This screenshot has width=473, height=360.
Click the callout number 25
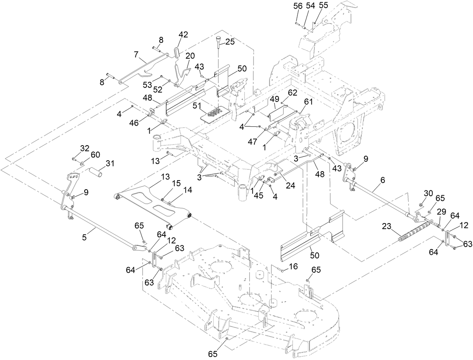pos(230,42)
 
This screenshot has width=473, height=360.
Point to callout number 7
pos(136,55)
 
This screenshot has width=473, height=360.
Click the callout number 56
pos(297,6)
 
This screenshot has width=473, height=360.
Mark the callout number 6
pos(383,181)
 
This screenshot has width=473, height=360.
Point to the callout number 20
pos(190,55)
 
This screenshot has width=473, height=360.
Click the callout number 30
pos(428,193)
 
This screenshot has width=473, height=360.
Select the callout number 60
pos(96,154)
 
